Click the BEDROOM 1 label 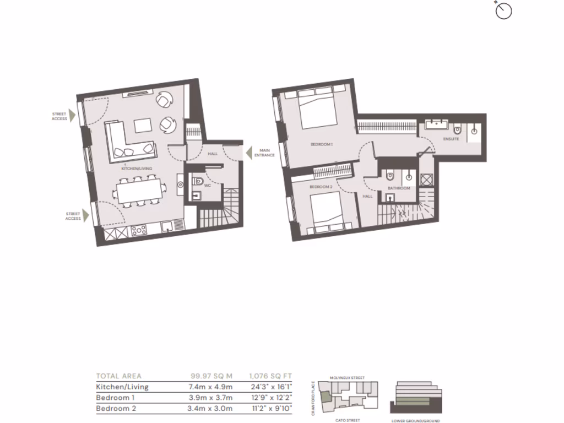click(x=322, y=144)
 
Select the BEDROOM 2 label click(x=321, y=187)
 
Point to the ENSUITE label click(x=451, y=139)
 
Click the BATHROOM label click(x=399, y=188)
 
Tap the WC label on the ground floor click(x=207, y=186)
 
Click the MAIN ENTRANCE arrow click(x=248, y=152)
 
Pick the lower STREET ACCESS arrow click(x=86, y=216)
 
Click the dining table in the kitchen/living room click(x=140, y=192)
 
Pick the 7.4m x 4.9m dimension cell click(x=210, y=387)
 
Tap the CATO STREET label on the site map click(x=349, y=420)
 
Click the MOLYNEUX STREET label click(x=348, y=378)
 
